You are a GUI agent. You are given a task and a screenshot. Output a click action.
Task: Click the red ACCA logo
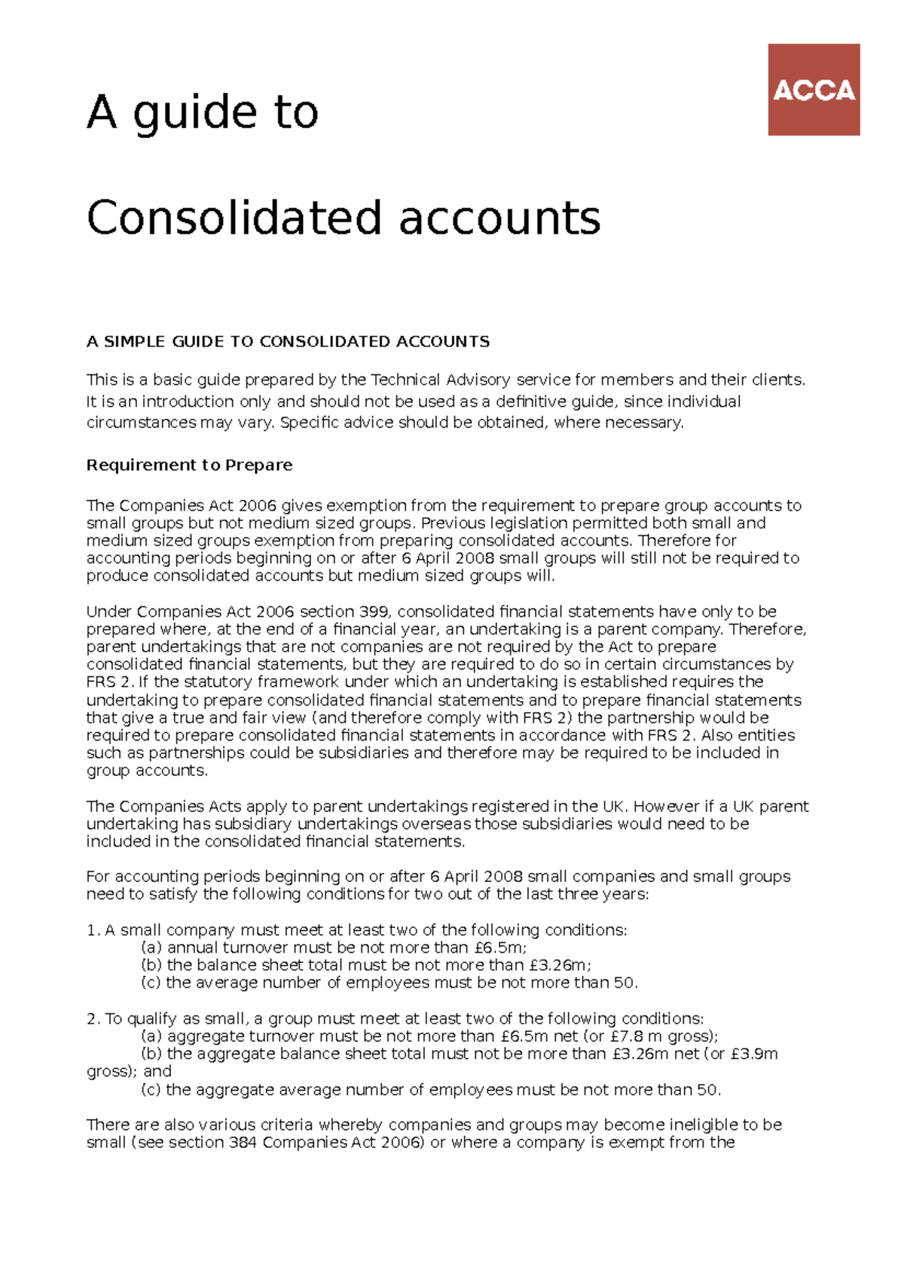coord(814,90)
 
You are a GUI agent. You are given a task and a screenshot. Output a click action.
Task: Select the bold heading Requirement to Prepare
coord(189,465)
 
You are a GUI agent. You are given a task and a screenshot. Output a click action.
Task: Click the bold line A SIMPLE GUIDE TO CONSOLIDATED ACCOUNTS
coord(288,341)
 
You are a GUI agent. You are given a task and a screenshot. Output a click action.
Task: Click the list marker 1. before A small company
coord(93,930)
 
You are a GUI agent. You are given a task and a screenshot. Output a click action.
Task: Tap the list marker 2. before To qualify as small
coord(93,1018)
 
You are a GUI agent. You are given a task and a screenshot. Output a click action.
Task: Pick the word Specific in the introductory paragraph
coord(309,423)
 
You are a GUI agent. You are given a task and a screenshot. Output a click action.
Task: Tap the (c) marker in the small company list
coord(151,983)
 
